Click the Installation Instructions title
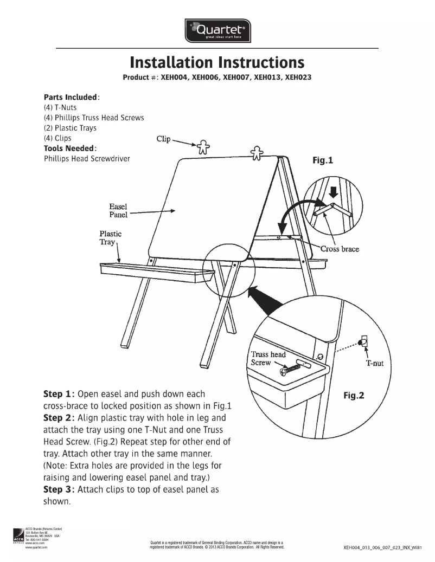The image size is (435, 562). [x=217, y=62]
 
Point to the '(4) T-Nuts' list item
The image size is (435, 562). [x=60, y=107]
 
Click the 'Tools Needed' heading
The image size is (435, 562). [x=70, y=148]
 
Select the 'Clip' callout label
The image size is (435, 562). [x=163, y=139]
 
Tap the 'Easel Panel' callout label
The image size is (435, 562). [x=118, y=210]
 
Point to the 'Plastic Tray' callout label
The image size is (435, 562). [x=110, y=237]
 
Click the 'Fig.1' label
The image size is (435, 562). [x=323, y=161]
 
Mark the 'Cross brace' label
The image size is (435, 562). [x=340, y=249]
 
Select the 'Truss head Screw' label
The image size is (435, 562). [x=267, y=358]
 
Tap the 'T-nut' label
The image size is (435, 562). [x=374, y=363]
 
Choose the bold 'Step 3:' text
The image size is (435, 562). [x=60, y=489]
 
